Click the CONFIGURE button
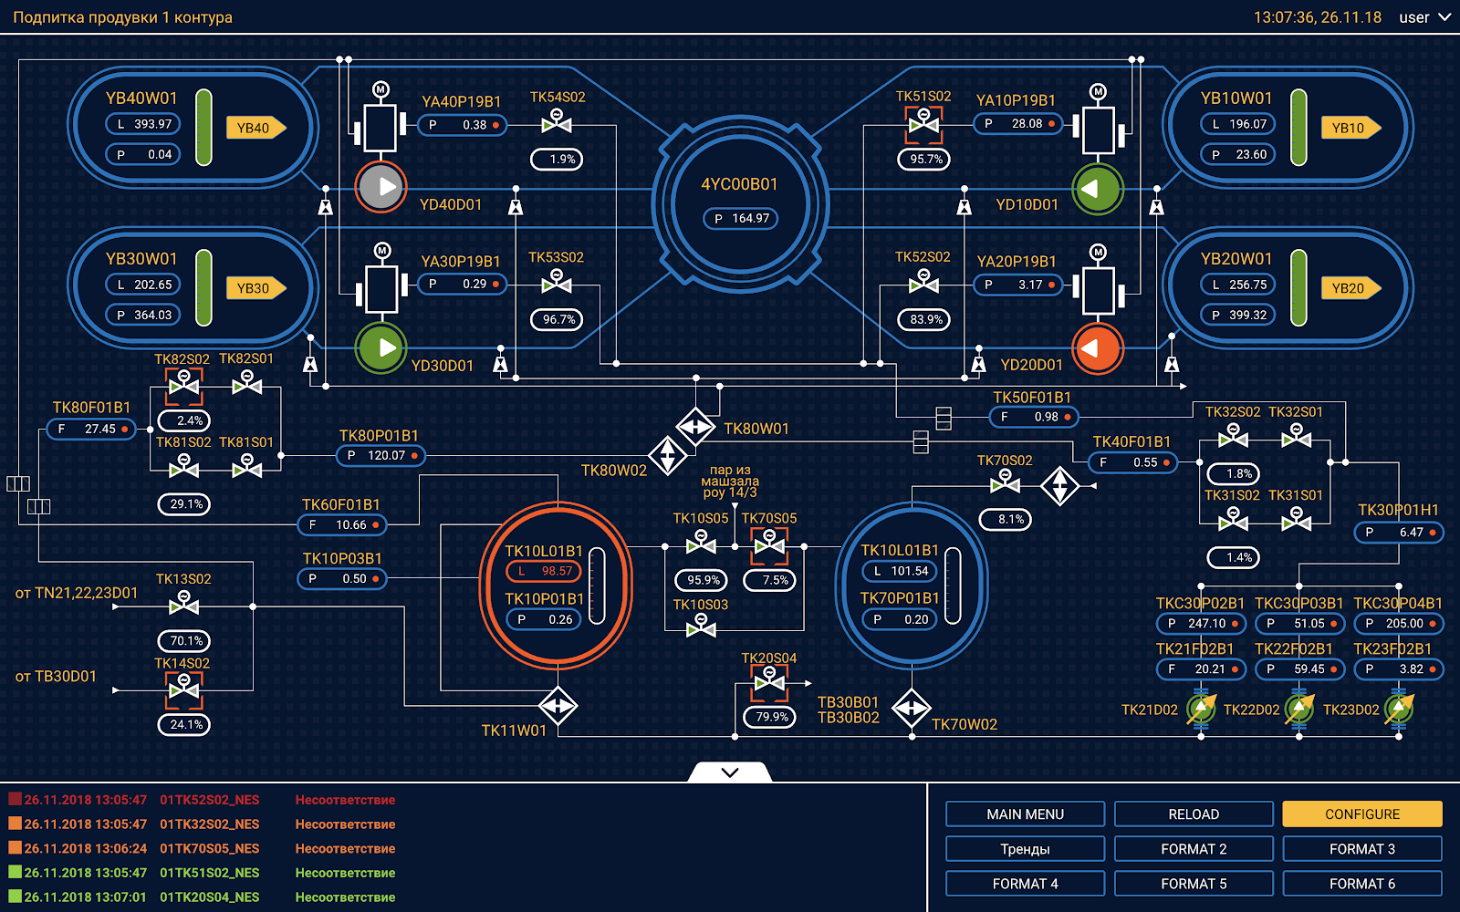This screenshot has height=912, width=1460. point(1361,814)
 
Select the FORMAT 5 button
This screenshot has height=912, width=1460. point(1194,884)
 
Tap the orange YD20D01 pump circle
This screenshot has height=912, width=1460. point(1098,349)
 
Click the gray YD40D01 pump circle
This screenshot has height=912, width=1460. point(381,187)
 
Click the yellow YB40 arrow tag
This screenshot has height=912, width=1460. point(256,128)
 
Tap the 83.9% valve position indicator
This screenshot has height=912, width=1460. point(924,319)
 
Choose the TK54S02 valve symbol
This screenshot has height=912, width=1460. point(557,121)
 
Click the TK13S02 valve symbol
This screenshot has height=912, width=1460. point(183,603)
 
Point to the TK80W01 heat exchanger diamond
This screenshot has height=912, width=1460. point(695,427)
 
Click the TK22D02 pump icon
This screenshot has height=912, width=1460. point(1299,709)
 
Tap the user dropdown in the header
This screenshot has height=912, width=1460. point(1424,17)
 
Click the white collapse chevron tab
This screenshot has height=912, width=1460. point(730,772)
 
